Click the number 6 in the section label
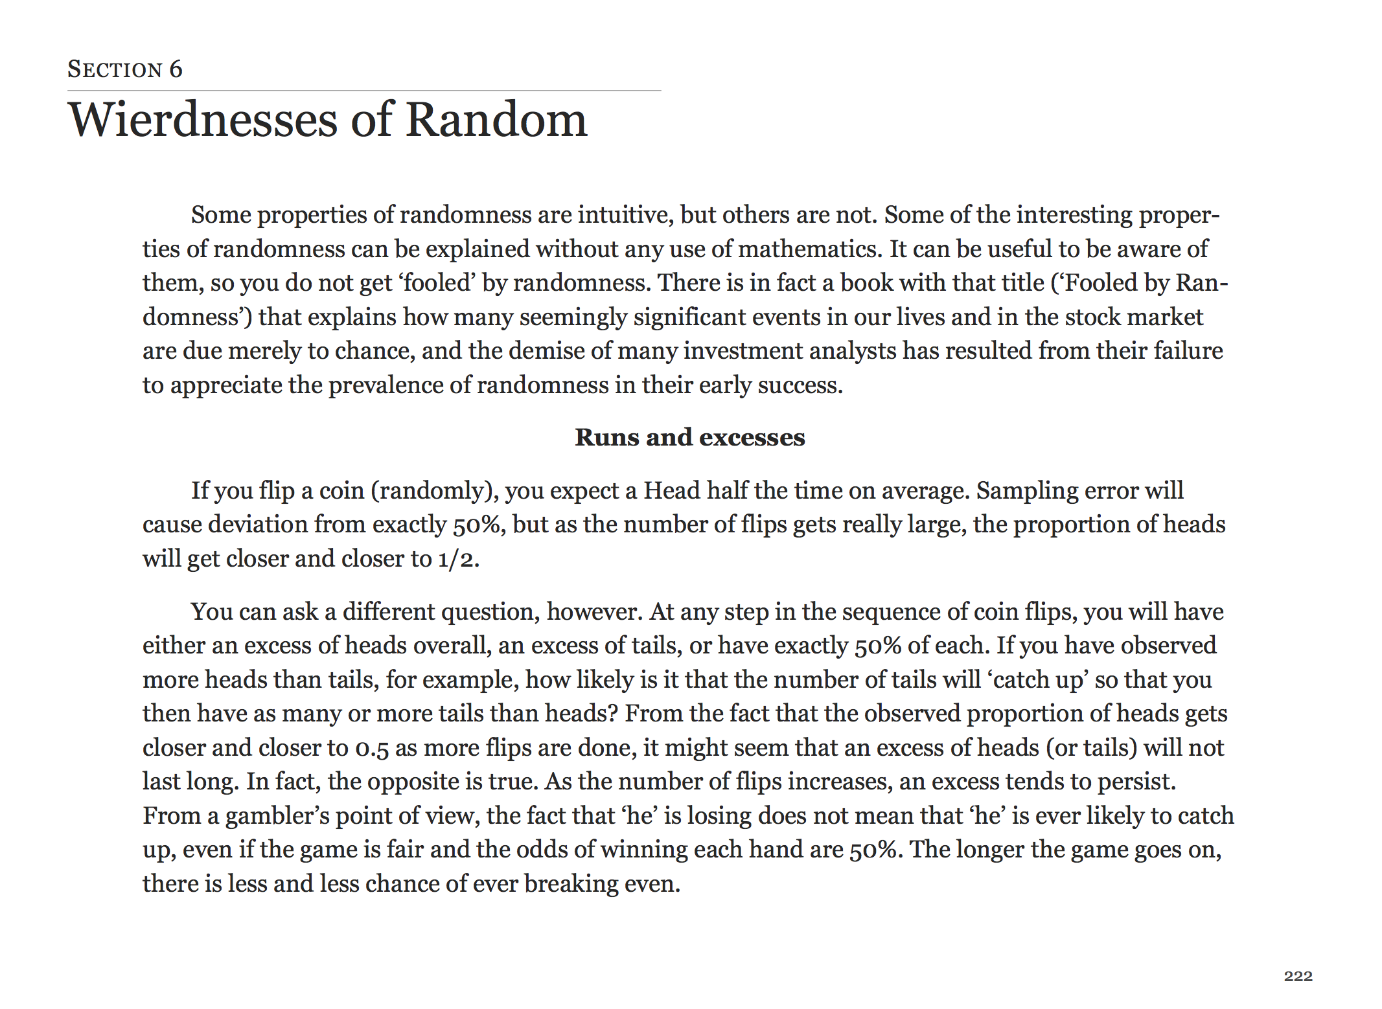pos(176,69)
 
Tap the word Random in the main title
pos(496,120)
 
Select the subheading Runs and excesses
pos(690,437)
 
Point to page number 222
pos(1298,976)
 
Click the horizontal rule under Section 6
pos(364,91)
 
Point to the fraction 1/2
pos(458,559)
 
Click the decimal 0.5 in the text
pos(372,748)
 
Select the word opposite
pos(413,782)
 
